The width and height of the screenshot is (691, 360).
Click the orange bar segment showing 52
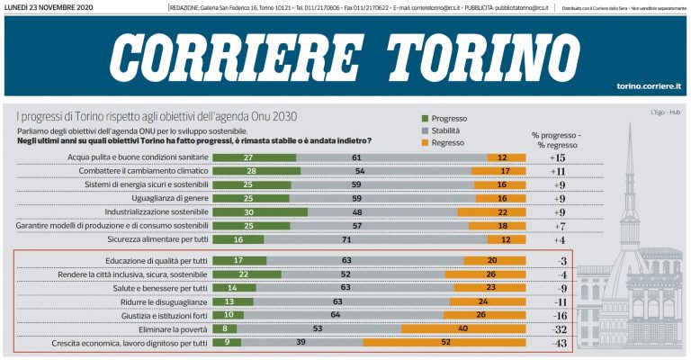click(444, 343)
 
